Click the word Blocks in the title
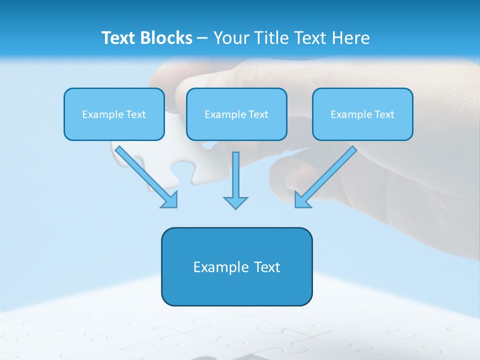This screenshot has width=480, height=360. tap(167, 38)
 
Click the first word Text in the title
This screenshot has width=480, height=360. tap(120, 38)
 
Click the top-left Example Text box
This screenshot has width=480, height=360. tap(114, 114)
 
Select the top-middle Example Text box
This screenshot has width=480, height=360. tap(236, 114)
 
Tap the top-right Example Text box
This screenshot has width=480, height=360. tap(362, 114)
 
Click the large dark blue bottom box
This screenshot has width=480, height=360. tap(236, 266)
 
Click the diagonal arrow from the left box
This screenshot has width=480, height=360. tap(145, 175)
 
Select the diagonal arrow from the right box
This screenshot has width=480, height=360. tap(327, 175)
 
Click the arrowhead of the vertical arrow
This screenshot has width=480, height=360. tap(235, 202)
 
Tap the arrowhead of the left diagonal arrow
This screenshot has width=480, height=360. tap(170, 200)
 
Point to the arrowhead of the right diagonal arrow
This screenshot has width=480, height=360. tap(302, 200)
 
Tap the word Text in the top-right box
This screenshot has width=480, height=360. tap(384, 114)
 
